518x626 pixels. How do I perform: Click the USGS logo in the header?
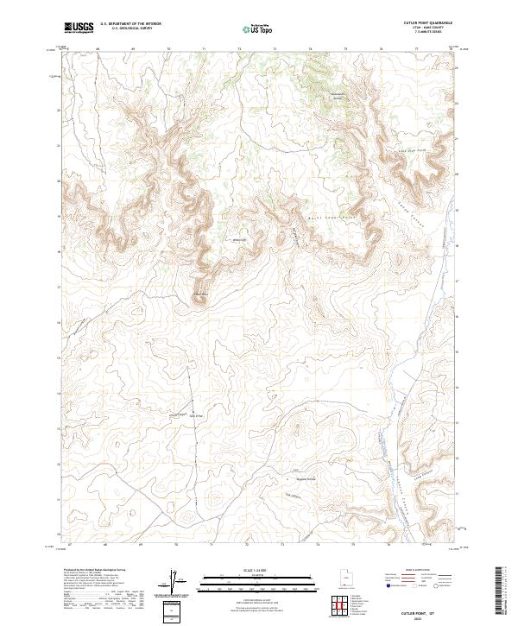tap(79, 28)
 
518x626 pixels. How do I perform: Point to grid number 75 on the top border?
tap(345, 50)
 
